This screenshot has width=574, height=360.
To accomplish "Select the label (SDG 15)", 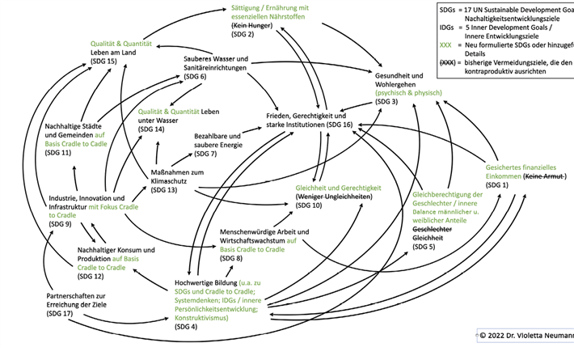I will pos(103,61).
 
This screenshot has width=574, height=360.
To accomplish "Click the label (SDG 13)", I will pos(165,189).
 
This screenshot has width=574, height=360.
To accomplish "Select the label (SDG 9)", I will pos(63,224).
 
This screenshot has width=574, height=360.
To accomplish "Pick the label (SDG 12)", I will pos(92,276).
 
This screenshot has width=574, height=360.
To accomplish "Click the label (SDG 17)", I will pos(61,313).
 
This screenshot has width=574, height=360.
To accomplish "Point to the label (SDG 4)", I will pos(188,328).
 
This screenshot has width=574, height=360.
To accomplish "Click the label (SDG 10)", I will pos(310,205).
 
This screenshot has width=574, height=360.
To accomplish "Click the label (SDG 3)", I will pos(387,102).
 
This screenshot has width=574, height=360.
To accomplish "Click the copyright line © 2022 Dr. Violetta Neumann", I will pos(525,335).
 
